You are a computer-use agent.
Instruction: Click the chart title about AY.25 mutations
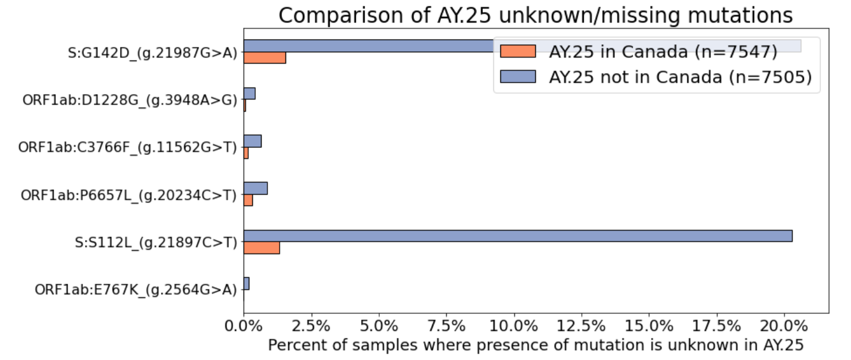click(535, 16)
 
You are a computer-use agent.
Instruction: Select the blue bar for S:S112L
click(517, 236)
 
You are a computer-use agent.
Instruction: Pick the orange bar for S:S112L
click(262, 248)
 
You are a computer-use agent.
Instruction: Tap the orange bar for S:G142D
click(264, 58)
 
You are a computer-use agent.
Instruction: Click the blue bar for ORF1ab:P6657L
click(255, 188)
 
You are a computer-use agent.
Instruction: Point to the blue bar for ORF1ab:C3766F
click(252, 141)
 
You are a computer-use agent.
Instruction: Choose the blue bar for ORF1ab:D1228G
click(249, 93)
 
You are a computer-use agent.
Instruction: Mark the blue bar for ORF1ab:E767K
click(246, 283)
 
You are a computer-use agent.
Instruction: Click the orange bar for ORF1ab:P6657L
click(248, 200)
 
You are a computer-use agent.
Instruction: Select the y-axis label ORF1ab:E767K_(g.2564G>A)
click(136, 290)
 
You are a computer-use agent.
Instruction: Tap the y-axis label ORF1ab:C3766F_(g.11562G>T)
click(128, 147)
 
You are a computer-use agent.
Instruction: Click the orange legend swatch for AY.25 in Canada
click(517, 51)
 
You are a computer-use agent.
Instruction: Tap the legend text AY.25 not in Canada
click(680, 76)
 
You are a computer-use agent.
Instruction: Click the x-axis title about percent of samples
click(535, 345)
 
